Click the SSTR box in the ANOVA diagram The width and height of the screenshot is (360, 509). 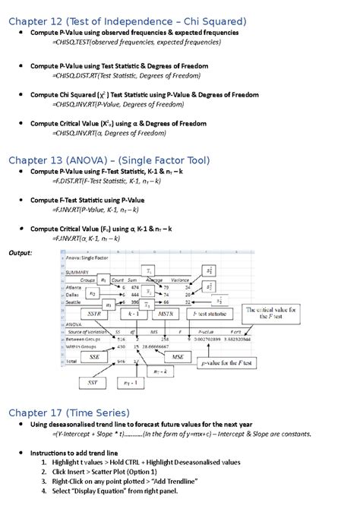click(x=93, y=313)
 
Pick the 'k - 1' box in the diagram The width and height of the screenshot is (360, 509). click(x=132, y=313)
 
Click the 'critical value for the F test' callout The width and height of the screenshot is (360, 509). click(x=272, y=314)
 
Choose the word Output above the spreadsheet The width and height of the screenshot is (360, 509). click(x=20, y=252)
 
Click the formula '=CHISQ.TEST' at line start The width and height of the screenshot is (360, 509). click(x=72, y=43)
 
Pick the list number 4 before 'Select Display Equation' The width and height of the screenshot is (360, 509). click(x=44, y=491)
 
